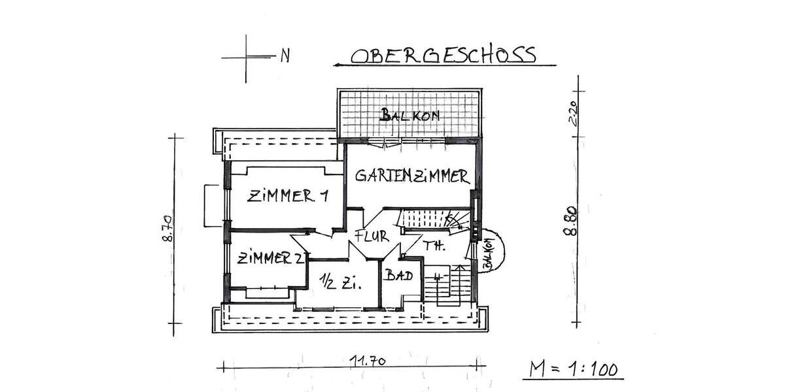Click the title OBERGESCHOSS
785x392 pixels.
pyautogui.click(x=444, y=55)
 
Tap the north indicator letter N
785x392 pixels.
pyautogui.click(x=285, y=56)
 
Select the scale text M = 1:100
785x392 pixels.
pyautogui.click(x=574, y=369)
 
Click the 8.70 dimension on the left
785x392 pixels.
pyautogui.click(x=166, y=229)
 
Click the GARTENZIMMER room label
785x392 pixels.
pyautogui.click(x=412, y=176)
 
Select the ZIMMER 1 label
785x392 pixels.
pyautogui.click(x=287, y=196)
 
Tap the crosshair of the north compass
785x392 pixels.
pyautogui.click(x=247, y=57)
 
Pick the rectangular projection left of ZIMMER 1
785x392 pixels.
pyautogui.click(x=212, y=205)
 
